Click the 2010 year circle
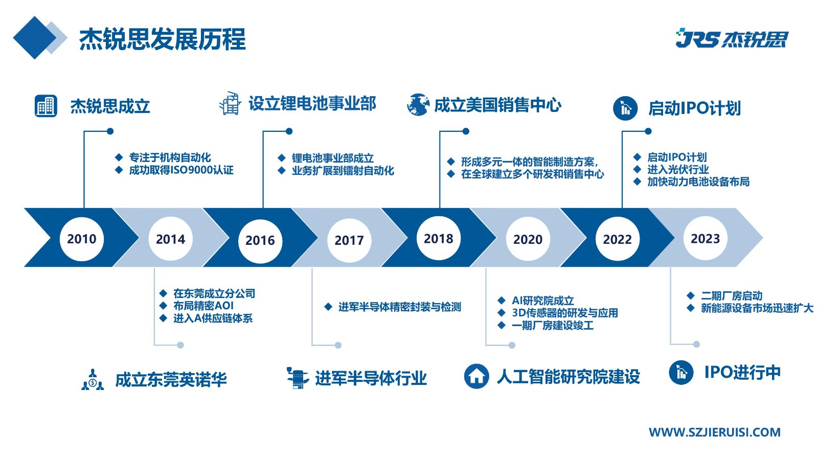pos(82,239)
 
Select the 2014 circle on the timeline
pos(171,239)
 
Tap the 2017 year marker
pos(349,240)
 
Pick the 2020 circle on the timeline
pos(528,239)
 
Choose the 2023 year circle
pos(706,238)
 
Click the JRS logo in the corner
pos(732,38)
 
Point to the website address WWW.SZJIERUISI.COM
pos(715,432)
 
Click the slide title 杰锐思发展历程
pos(162,39)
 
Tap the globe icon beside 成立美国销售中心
pos(418,105)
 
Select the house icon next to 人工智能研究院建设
pos(476,376)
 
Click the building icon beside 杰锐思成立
pos(46,106)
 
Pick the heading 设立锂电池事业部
pos(312,104)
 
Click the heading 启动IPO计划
pos(694,108)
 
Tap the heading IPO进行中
pos(742,372)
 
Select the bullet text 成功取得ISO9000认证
pos(181,170)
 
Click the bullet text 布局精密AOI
pos(203,306)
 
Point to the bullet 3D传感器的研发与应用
pos(565,313)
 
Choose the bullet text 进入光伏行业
pos(678,169)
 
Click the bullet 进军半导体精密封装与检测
pos(400,307)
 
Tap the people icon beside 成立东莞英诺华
pos(93,379)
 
